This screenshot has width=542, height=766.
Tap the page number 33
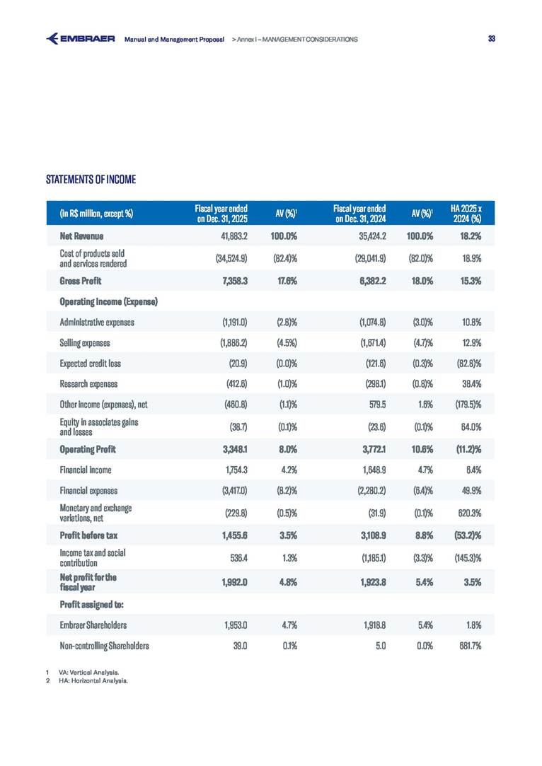[x=492, y=38]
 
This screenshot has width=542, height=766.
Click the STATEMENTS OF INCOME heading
[x=91, y=180]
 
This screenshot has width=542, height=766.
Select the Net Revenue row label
[x=82, y=236]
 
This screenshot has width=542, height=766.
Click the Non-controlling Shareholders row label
[x=105, y=645]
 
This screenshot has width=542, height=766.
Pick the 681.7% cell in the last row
[x=469, y=645]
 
